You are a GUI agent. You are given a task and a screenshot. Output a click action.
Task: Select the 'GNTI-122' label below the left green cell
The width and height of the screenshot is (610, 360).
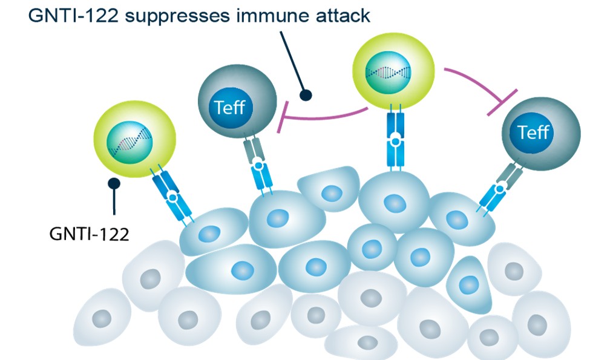coord(89,233)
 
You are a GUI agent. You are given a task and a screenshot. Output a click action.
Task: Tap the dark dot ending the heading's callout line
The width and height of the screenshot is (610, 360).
coord(306,95)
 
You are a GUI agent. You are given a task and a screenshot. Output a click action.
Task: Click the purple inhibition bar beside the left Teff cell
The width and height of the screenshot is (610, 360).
coord(280,117)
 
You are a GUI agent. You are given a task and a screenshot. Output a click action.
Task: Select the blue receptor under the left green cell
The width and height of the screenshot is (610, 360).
coord(172,196)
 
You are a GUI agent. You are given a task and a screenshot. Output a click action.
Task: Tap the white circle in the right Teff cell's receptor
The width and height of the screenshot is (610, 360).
coord(500,189)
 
